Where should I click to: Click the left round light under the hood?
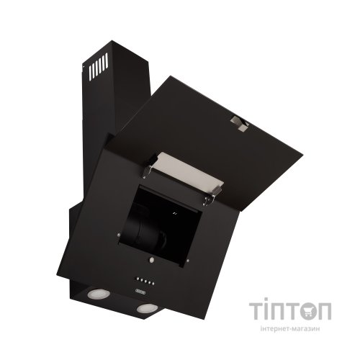(x=95, y=294)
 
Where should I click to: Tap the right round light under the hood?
(x=145, y=308)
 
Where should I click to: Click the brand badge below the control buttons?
(x=139, y=292)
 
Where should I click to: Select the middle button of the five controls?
(x=145, y=281)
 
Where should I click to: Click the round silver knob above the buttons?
(x=152, y=260)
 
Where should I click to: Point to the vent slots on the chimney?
(x=99, y=66)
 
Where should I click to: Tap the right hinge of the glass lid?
(x=211, y=197)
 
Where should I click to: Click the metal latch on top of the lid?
(x=239, y=124)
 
